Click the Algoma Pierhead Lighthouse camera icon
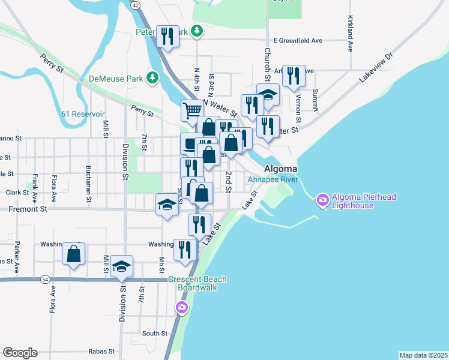322,200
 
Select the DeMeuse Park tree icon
153,77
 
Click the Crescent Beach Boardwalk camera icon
181,308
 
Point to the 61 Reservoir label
83,114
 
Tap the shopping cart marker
192,110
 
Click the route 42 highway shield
136,5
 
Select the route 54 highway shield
45,280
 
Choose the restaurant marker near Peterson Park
167,36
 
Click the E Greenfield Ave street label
298,41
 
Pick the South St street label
155,334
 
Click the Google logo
20,353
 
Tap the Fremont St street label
27,209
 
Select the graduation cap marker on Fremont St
167,204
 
